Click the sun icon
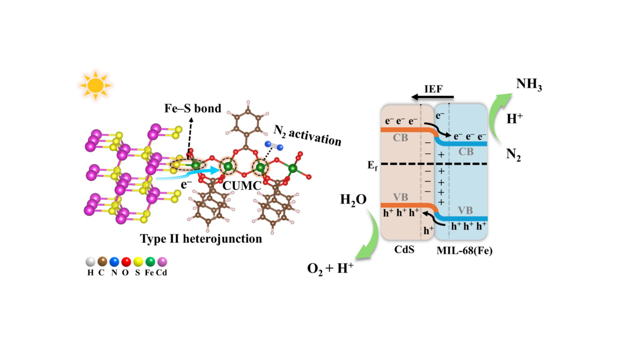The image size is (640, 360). [x=95, y=85]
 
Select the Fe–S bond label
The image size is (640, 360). [x=193, y=108]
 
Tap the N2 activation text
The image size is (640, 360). [x=307, y=136]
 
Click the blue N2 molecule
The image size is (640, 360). [x=274, y=146]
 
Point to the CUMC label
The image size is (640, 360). [x=242, y=186]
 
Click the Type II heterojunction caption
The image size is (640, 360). [x=201, y=238]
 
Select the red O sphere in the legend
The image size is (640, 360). [x=126, y=262]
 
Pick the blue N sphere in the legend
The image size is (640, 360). [x=114, y=262]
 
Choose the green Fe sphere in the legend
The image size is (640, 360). [x=150, y=262]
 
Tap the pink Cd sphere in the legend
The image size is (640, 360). [x=162, y=262]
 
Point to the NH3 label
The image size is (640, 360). [x=528, y=85]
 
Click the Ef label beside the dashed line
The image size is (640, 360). [x=372, y=165]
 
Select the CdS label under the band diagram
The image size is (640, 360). [x=404, y=250]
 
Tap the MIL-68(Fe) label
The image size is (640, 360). [x=464, y=250]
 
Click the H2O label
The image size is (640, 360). [x=353, y=200]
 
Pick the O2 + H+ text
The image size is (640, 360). [x=330, y=268]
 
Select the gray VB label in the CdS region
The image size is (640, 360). [x=401, y=197]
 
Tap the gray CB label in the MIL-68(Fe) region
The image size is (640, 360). [x=466, y=152]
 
